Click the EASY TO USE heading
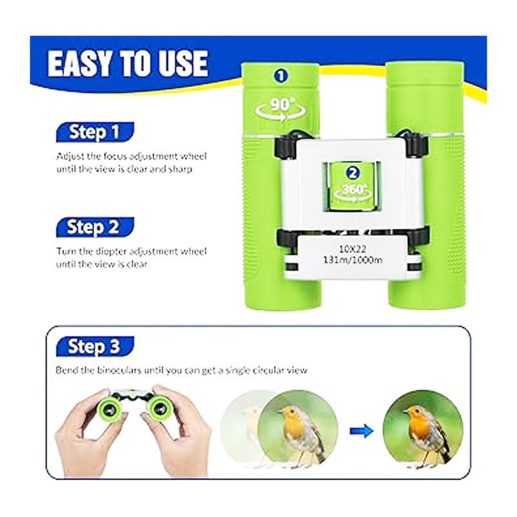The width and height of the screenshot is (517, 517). click(x=127, y=63)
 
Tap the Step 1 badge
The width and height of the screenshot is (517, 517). click(x=95, y=132)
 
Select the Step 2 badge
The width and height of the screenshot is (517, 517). click(x=95, y=227)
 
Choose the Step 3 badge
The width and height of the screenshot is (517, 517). click(x=95, y=346)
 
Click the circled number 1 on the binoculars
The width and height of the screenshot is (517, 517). click(x=280, y=76)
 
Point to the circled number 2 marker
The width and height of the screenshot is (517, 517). click(x=352, y=173)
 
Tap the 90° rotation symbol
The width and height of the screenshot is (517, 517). click(x=280, y=109)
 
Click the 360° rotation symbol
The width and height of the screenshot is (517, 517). click(x=352, y=193)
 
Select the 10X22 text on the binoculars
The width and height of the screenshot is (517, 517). click(x=352, y=249)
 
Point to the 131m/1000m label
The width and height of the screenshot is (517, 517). click(x=352, y=260)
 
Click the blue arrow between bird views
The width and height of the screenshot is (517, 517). click(x=362, y=430)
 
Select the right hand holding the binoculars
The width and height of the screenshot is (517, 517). click(x=176, y=432)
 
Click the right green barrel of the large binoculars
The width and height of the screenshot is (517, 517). click(x=426, y=185)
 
